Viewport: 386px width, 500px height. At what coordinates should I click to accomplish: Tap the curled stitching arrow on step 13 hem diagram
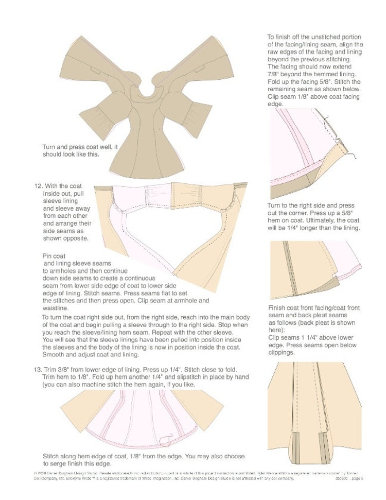(166, 438)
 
